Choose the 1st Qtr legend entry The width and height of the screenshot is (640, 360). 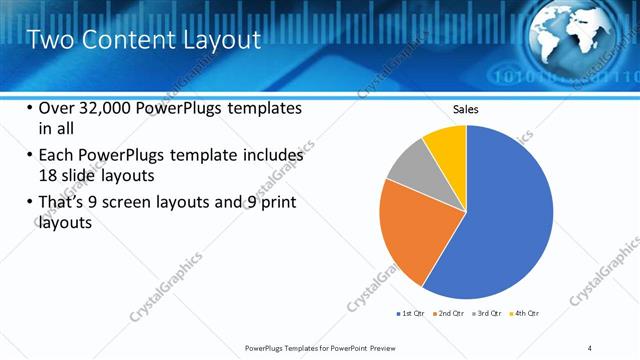pyautogui.click(x=411, y=314)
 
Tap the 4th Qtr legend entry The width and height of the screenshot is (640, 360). pyautogui.click(x=526, y=314)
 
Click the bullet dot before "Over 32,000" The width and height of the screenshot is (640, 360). pyautogui.click(x=30, y=108)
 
